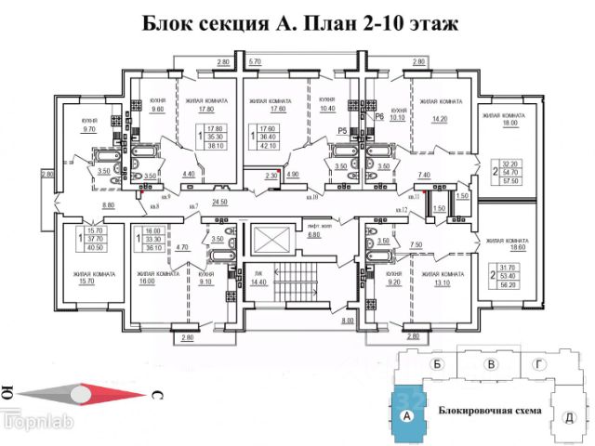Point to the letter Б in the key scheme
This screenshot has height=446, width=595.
436,366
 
